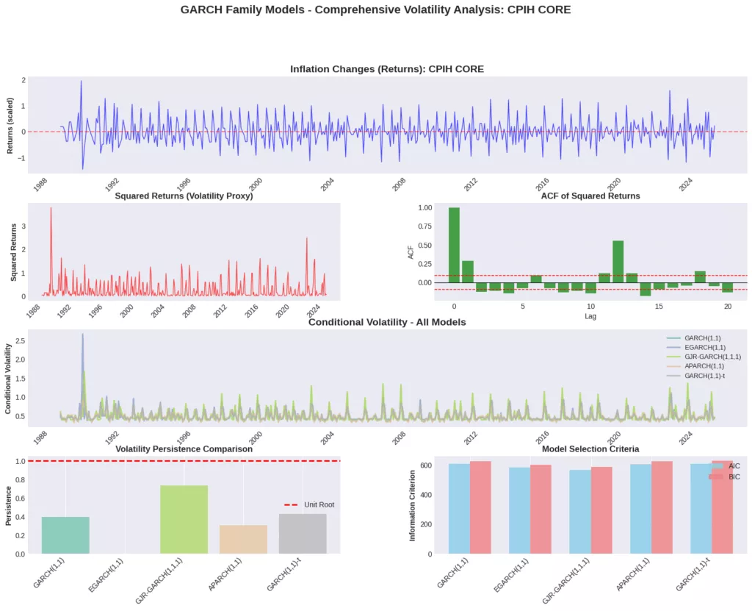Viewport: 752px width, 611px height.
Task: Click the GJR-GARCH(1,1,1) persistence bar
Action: click(x=184, y=519)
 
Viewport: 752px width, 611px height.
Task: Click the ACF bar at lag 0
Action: click(x=454, y=245)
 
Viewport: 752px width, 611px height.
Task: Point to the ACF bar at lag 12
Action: click(x=618, y=261)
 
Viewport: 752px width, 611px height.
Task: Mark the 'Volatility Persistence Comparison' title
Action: click(x=184, y=449)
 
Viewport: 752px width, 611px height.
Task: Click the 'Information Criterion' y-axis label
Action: click(x=413, y=505)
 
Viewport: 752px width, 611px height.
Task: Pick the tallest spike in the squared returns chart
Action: click(x=51, y=209)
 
